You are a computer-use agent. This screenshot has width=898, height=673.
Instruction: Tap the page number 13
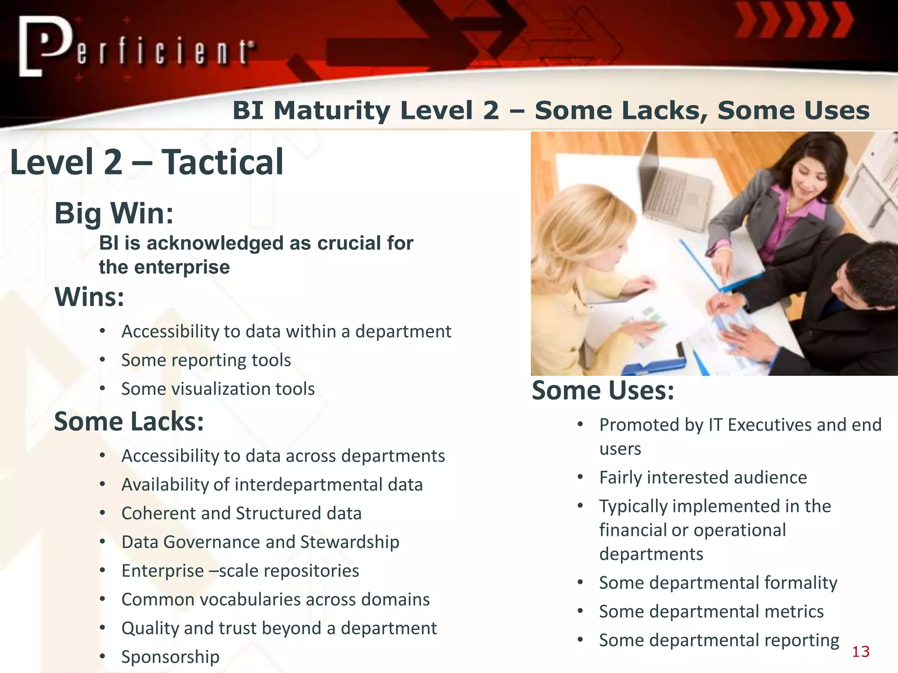[x=860, y=652]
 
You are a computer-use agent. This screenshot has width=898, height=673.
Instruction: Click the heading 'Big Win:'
[x=114, y=213]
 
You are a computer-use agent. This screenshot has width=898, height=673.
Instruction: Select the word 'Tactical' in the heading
[x=223, y=162]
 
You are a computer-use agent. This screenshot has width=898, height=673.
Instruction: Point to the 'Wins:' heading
[x=89, y=297]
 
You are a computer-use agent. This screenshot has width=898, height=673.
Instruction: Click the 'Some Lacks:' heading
[x=129, y=422]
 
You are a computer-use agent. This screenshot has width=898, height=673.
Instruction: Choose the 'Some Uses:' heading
[x=602, y=390]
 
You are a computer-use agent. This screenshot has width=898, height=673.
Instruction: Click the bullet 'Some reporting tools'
[x=206, y=360]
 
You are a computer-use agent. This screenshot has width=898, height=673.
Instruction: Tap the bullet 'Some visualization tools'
[x=218, y=389]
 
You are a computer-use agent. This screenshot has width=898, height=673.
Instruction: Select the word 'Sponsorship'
[x=170, y=657]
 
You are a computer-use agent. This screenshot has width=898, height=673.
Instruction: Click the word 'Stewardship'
[x=349, y=542]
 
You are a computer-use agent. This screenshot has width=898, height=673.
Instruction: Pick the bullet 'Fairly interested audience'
[x=702, y=477]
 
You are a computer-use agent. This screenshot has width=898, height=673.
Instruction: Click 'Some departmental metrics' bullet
[x=711, y=611]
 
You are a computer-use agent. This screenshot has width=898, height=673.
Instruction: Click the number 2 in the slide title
[x=491, y=110]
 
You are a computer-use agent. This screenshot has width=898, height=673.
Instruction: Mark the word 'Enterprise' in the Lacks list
[x=162, y=571]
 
